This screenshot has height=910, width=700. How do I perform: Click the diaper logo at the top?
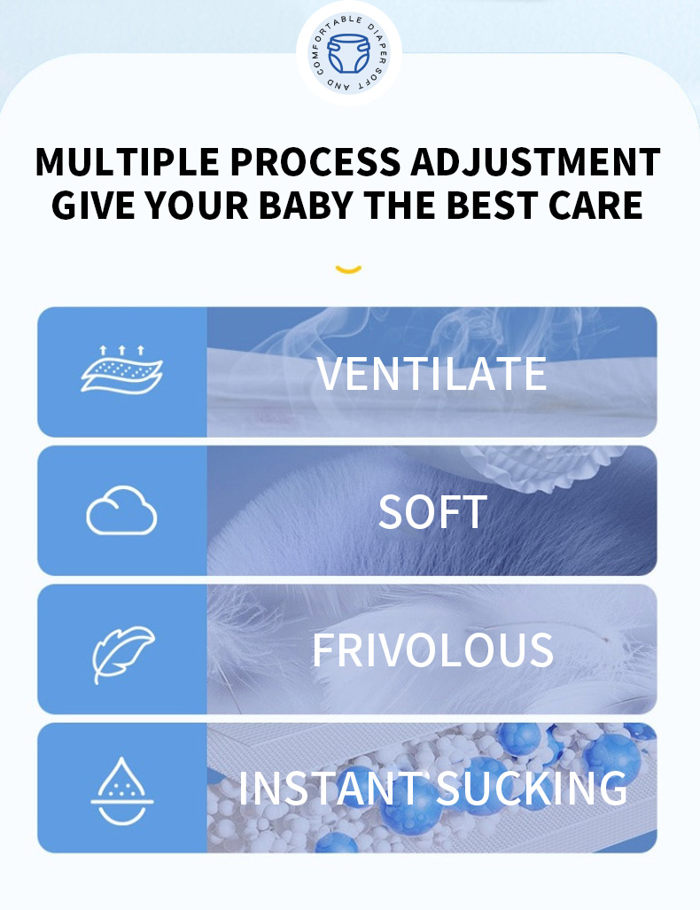[348, 54]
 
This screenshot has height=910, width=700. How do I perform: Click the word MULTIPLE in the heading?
[127, 161]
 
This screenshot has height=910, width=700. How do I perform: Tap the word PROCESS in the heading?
[315, 161]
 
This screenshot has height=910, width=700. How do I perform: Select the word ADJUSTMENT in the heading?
[536, 161]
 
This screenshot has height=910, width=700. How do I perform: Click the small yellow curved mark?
[348, 268]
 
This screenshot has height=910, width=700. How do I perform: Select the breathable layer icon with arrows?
[121, 369]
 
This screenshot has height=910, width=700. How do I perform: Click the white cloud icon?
[121, 510]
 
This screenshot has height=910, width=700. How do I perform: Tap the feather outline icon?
[122, 654]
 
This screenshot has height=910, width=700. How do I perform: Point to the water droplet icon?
[122, 791]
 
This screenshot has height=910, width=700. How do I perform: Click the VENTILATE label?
[432, 374]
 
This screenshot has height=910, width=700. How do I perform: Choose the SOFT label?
[432, 512]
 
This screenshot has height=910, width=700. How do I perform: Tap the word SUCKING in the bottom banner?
[532, 788]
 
